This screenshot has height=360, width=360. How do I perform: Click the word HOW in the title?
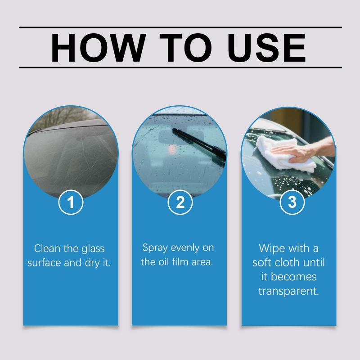point(99,48)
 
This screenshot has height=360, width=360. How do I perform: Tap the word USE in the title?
point(266,48)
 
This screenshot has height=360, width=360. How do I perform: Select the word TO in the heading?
point(185,48)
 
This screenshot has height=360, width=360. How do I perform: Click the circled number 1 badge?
point(71,202)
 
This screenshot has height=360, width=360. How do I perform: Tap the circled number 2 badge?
point(180,202)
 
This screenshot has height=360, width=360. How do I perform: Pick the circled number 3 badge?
point(292,202)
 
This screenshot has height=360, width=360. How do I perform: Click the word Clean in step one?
point(47,248)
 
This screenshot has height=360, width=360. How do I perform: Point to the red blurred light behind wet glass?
point(172,149)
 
